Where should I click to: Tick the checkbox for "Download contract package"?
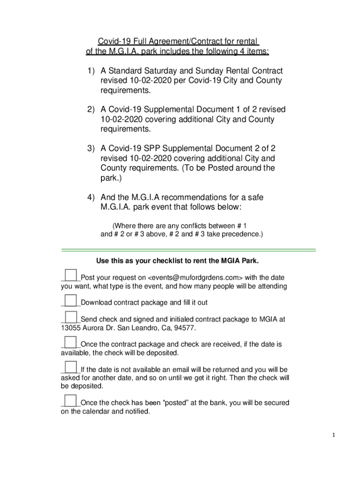coord(71,300)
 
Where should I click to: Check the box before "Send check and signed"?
coord(71,317)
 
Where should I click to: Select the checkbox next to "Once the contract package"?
coord(71,342)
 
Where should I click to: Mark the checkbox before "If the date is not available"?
coord(71,367)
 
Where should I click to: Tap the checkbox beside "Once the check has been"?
coord(71,400)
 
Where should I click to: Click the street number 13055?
coord(71,328)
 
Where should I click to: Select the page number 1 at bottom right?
coord(334,435)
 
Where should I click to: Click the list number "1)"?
coord(90,71)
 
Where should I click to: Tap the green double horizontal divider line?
coord(189,250)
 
